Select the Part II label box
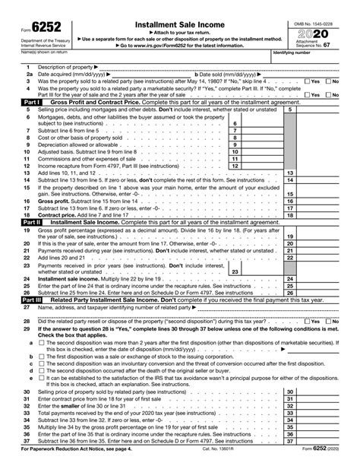point(31,222)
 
